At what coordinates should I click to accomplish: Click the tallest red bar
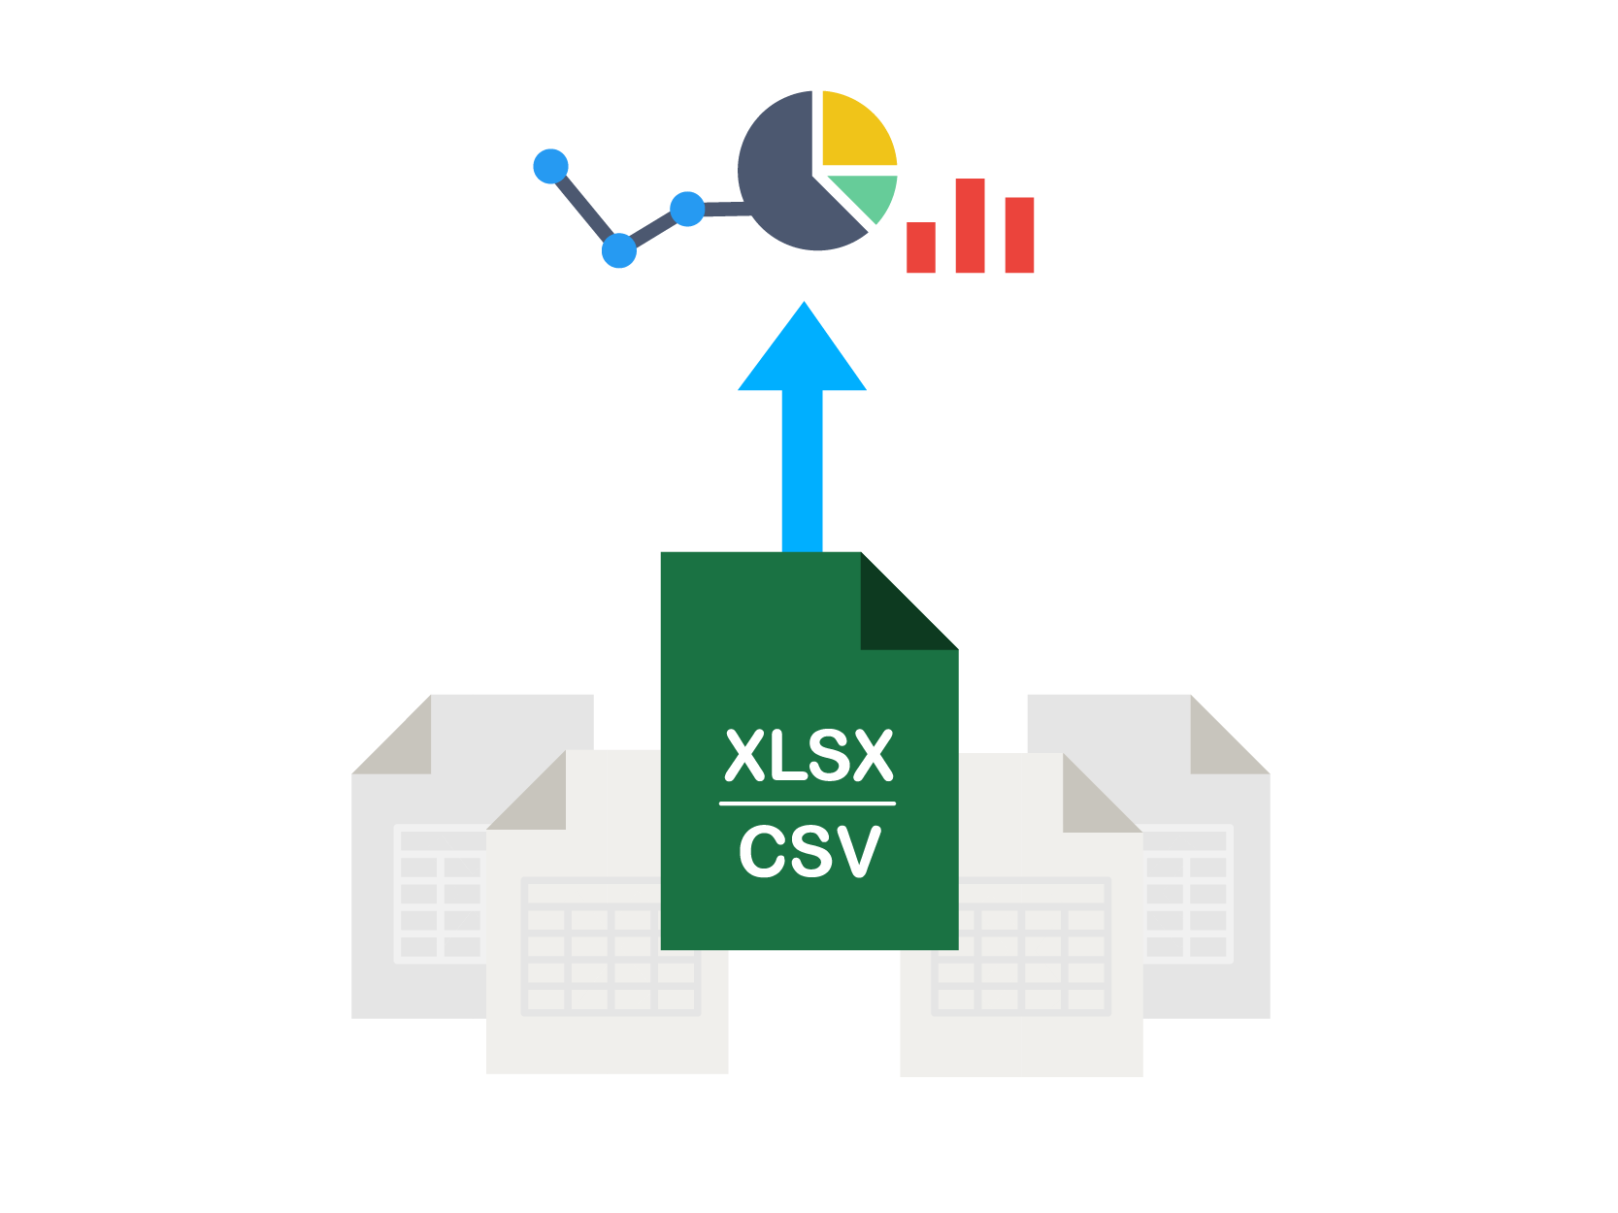(x=970, y=226)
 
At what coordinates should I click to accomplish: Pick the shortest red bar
(x=920, y=247)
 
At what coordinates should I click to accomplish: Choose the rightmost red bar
(x=1019, y=235)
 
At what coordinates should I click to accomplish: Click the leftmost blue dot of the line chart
(x=550, y=166)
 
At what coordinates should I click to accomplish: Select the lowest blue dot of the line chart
(x=618, y=250)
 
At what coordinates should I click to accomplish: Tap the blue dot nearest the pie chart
(x=687, y=209)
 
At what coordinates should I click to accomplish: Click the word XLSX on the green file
(x=809, y=756)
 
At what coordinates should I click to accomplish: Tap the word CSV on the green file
(x=809, y=852)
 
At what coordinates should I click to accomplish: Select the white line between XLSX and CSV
(x=808, y=803)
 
